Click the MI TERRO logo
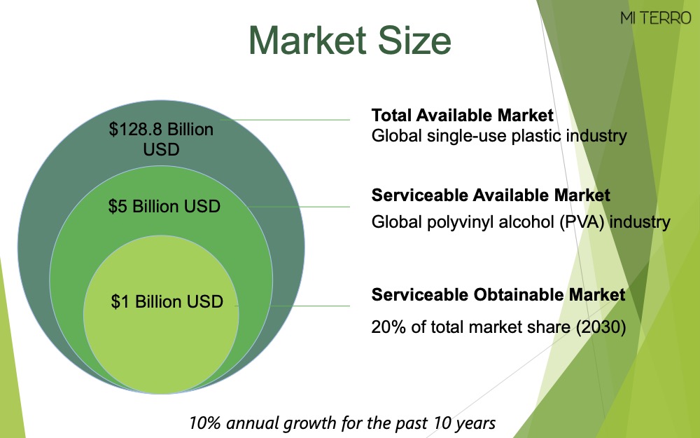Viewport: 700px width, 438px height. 655,18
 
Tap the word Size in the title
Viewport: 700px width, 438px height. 414,41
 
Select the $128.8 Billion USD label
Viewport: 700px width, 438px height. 161,139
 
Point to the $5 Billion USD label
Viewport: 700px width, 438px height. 164,207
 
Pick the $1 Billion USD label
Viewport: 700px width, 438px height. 167,301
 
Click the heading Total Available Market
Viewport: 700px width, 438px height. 463,116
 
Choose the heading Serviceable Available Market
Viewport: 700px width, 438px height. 491,196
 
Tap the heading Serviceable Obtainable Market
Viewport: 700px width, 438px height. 498,295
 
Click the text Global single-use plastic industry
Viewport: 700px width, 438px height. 499,136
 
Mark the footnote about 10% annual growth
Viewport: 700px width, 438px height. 342,423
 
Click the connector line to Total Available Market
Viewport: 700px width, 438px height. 285,120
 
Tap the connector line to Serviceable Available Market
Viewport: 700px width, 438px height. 299,207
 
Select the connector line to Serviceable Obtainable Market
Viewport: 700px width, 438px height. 310,306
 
